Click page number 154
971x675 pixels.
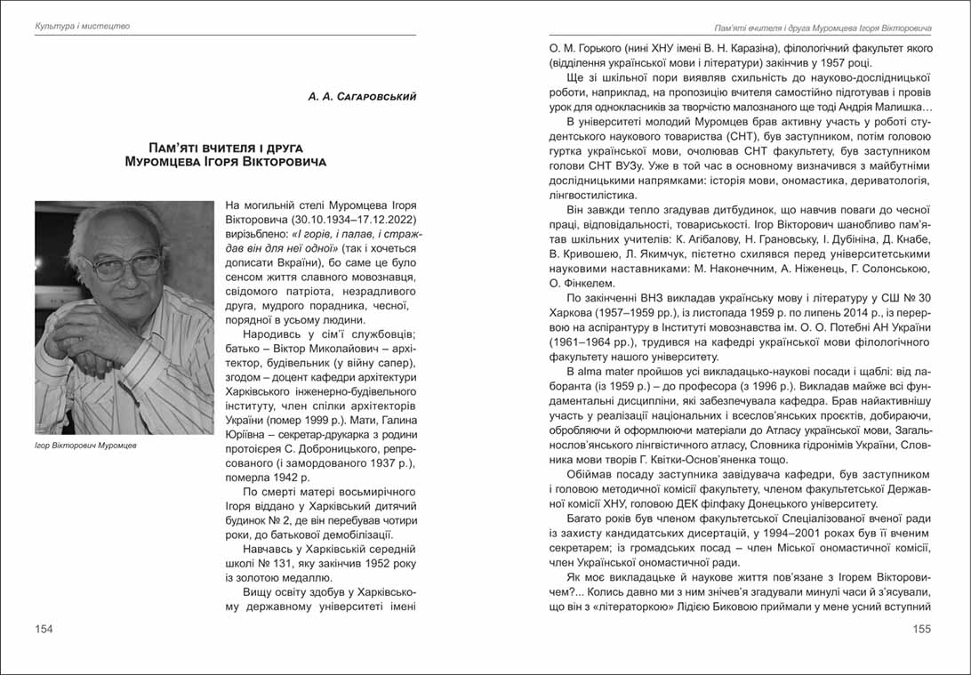(x=44, y=630)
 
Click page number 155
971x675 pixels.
(x=921, y=630)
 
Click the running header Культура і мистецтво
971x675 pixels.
(x=82, y=26)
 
